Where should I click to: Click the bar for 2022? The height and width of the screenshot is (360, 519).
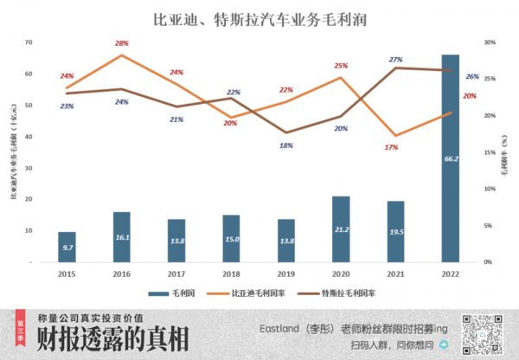[451, 156]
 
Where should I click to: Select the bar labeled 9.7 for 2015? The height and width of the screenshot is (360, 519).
[67, 247]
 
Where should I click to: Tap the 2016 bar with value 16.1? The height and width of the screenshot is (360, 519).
[122, 236]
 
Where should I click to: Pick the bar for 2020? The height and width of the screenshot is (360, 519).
[341, 228]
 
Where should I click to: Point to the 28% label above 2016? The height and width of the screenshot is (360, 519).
[121, 43]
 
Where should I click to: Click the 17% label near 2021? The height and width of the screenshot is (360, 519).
[392, 147]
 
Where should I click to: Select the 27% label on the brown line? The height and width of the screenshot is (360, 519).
[396, 60]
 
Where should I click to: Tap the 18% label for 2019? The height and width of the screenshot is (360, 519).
[286, 145]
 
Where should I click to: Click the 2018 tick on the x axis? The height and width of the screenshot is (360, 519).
[231, 273]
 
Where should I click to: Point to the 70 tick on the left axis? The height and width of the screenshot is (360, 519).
[29, 42]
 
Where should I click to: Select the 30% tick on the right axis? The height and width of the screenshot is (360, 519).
[489, 42]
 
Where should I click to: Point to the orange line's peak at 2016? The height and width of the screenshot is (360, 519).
[122, 55]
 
